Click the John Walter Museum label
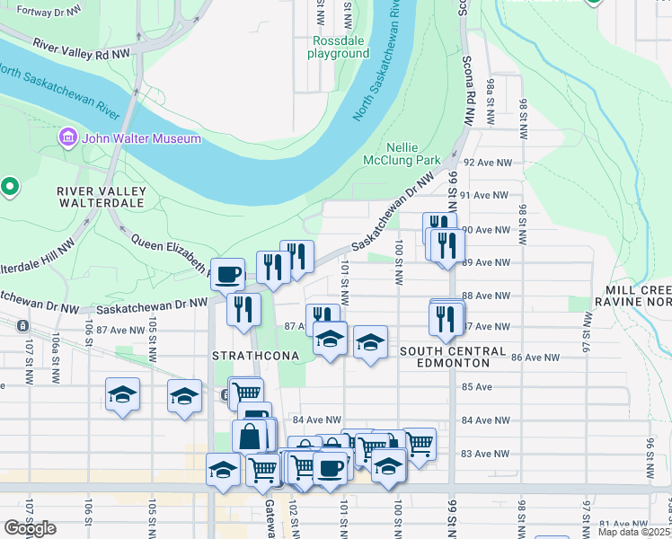[x=141, y=138]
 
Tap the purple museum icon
[x=67, y=138]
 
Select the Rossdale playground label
[x=340, y=47]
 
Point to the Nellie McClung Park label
[x=412, y=154]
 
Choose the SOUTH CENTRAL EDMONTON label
[x=445, y=357]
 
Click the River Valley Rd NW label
[x=82, y=49]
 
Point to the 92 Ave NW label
[x=491, y=163]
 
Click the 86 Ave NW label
[x=535, y=358]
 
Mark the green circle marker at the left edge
[x=10, y=187]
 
